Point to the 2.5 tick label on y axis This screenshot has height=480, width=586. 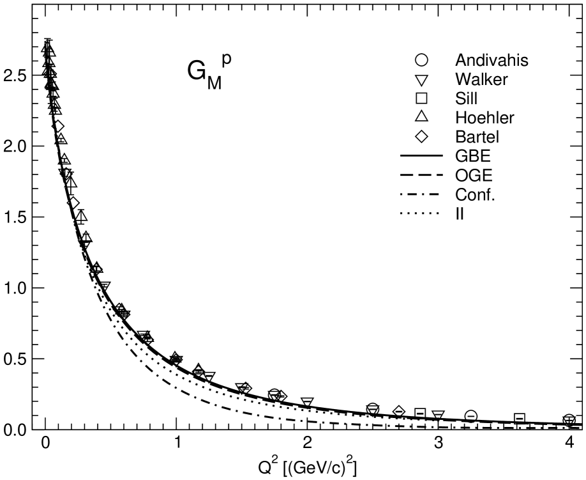(16, 75)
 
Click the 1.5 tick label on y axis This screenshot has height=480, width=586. (16, 217)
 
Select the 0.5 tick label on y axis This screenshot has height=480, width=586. (16, 359)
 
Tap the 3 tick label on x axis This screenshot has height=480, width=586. (438, 443)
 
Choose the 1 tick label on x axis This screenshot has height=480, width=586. (177, 443)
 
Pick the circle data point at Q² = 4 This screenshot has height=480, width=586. (569, 420)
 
